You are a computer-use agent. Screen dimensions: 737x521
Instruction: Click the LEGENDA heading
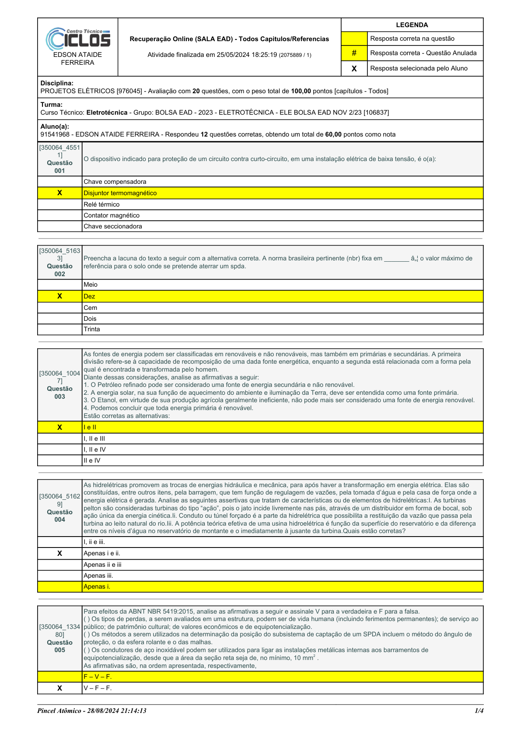coord(412,25)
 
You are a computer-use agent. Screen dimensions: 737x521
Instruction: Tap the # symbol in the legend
coord(354,53)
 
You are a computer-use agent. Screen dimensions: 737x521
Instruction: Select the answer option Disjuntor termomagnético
coord(120,193)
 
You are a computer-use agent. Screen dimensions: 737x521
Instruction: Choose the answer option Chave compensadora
coord(115,182)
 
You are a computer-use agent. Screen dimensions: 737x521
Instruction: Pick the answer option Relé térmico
coord(101,204)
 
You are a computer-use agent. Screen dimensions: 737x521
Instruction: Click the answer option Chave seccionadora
coord(113,226)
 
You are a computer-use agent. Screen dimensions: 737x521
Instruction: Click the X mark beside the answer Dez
coord(59,296)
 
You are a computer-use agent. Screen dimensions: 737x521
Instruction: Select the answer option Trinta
coord(92,329)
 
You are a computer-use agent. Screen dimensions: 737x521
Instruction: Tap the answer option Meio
coord(91,284)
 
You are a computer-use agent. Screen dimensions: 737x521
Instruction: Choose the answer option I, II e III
coord(94,439)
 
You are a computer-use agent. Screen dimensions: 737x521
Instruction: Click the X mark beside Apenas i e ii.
coord(59,553)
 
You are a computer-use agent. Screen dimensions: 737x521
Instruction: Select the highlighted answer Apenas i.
coord(97,586)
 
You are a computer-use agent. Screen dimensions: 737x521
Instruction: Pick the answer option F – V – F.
coord(98,677)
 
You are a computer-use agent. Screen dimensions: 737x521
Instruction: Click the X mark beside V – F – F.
coord(59,688)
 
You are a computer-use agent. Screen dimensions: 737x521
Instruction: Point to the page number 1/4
coord(479,711)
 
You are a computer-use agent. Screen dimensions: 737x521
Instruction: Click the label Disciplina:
coord(57,83)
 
